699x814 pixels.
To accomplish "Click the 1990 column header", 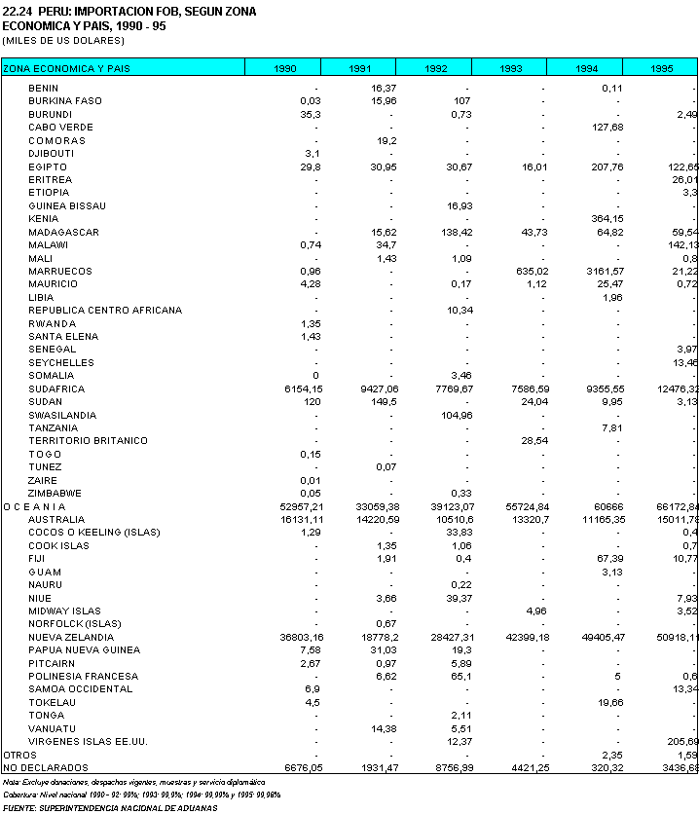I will click(x=284, y=69).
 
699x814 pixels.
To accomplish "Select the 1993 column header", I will click(x=510, y=69).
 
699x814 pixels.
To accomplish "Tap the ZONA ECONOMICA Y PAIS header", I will click(x=67, y=69).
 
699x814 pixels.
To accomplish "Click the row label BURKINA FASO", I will click(x=65, y=101).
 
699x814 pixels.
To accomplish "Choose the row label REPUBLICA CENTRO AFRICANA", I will click(x=105, y=311).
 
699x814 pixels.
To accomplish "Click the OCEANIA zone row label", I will click(x=35, y=506).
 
